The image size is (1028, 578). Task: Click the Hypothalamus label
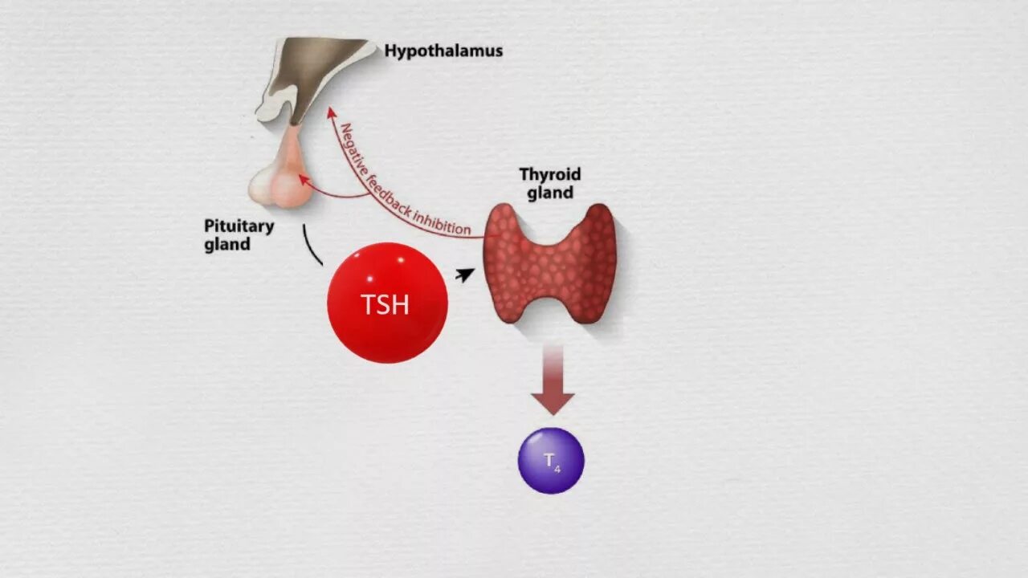pos(443,51)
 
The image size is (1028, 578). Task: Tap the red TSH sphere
pos(387,303)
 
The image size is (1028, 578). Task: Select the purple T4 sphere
pos(551,460)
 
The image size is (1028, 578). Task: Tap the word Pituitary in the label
pos(239,226)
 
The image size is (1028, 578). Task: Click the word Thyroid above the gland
pos(550,174)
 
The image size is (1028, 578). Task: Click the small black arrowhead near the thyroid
pos(465,275)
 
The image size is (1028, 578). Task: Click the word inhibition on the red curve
pos(441,226)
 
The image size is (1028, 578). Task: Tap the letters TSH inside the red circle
pos(385,305)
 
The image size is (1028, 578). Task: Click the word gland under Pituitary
pos(226,244)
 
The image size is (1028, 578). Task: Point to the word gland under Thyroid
pos(550,193)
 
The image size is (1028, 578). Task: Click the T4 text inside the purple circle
pos(552,461)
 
